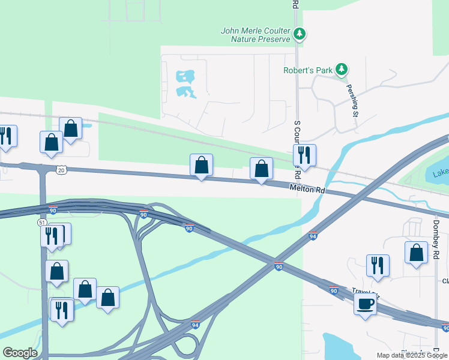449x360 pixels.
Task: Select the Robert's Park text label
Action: [308, 70]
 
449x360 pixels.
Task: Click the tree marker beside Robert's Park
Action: [342, 70]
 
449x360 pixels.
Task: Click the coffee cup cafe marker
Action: [366, 304]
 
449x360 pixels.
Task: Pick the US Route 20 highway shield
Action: [61, 170]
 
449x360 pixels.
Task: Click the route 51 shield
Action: [42, 222]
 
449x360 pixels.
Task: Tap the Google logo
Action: [20, 353]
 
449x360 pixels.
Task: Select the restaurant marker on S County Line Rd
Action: [304, 155]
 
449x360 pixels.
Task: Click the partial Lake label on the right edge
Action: [440, 174]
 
